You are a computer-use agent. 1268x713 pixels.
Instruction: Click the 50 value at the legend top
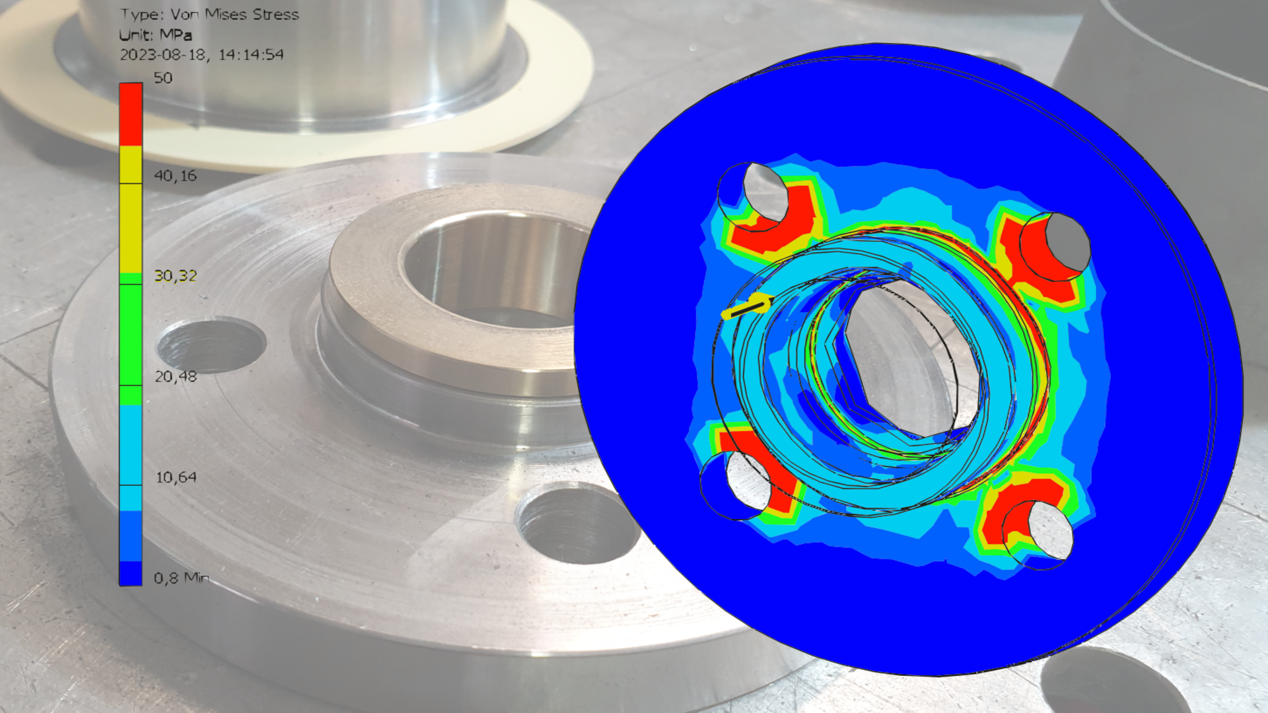[x=163, y=78]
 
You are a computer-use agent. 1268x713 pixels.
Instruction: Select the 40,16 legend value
[x=175, y=176]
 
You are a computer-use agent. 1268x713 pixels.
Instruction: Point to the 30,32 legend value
[x=175, y=276]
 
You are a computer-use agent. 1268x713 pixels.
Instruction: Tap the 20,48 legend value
[x=175, y=376]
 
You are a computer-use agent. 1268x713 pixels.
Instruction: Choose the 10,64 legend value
[x=175, y=477]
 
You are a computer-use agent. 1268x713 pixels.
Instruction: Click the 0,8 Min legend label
[x=182, y=578]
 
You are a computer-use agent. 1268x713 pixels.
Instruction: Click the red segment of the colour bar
[x=131, y=114]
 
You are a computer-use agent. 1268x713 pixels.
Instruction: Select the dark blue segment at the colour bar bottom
[x=131, y=573]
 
